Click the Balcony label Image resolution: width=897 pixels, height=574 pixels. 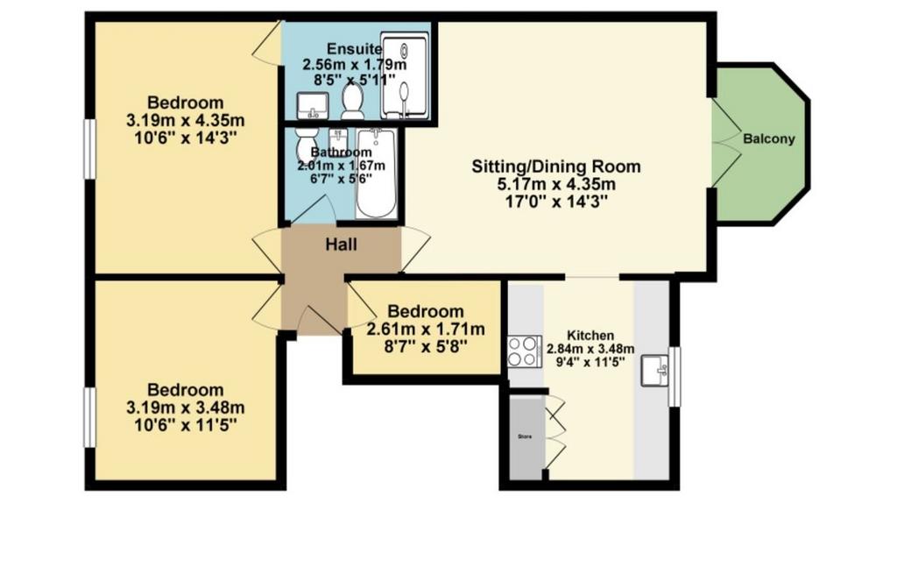point(769,138)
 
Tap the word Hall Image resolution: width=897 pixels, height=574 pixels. point(341,245)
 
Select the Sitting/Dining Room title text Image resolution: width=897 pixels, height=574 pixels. point(556,167)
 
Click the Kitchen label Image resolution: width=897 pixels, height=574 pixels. point(590,336)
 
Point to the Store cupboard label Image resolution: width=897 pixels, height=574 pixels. point(525,436)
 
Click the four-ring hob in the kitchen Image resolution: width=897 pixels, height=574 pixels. point(525,351)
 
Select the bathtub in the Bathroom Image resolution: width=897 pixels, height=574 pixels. point(375,174)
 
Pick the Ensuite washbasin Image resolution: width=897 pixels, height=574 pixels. point(313,105)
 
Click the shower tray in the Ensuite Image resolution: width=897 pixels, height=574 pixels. point(405,77)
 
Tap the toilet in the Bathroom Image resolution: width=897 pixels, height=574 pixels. point(303,144)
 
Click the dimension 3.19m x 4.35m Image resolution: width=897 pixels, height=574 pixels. point(186,121)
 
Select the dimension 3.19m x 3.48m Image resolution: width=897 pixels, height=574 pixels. point(186,407)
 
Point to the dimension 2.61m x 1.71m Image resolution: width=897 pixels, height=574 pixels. point(426,329)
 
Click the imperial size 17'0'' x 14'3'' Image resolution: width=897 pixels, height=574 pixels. point(556,202)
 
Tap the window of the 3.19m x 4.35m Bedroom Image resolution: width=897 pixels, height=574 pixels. point(90,149)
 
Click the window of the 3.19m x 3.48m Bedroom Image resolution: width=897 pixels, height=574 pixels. point(90,417)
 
